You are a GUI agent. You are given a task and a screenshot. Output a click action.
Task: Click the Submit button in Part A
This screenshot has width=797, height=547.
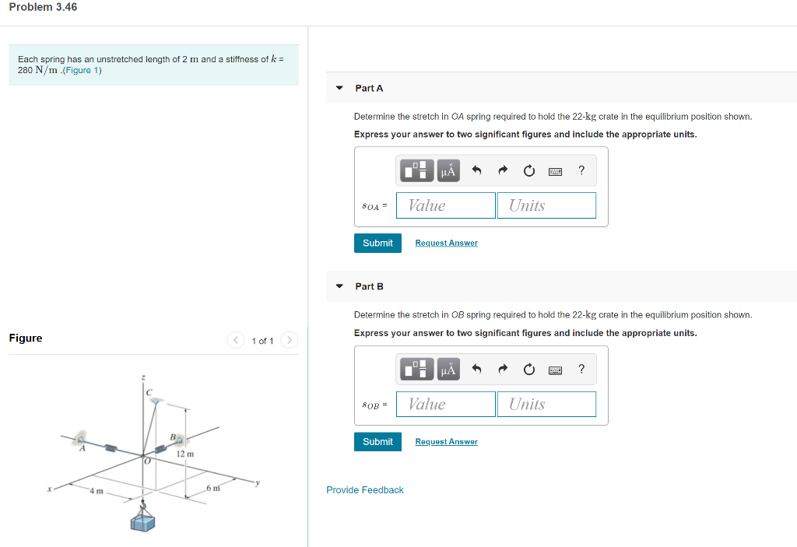click(377, 243)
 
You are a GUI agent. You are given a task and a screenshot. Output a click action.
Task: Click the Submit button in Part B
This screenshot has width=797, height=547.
click(377, 441)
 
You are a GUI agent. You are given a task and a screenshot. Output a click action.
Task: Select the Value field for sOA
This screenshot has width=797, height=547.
click(446, 205)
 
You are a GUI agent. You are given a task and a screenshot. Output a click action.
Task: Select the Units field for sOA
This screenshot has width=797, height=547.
click(546, 205)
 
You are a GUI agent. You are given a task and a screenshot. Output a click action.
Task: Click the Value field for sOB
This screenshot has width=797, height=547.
click(446, 404)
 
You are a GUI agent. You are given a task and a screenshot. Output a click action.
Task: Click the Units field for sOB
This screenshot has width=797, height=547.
click(546, 404)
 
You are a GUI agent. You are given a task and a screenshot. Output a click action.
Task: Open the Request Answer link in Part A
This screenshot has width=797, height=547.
click(446, 244)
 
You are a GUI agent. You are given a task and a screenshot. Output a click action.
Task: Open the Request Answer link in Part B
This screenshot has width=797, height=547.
click(446, 442)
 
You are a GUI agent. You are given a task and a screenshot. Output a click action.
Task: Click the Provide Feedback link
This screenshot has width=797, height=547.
click(365, 490)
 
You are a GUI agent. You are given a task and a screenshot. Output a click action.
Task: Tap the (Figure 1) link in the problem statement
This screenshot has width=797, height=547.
click(83, 71)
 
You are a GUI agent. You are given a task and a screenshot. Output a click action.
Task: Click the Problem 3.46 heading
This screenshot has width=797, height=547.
click(43, 7)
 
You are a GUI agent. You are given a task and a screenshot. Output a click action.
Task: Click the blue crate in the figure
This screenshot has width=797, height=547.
click(142, 521)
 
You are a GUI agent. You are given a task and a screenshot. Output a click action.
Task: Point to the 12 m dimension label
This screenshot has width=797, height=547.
click(185, 454)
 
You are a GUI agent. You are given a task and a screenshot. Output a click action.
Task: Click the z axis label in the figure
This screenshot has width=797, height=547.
click(142, 377)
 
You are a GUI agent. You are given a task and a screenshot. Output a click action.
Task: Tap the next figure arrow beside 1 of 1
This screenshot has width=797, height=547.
click(289, 341)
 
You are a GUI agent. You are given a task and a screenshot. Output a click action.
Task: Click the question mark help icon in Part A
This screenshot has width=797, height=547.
click(581, 170)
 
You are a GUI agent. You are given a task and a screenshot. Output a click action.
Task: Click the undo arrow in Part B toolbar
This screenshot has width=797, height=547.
click(477, 369)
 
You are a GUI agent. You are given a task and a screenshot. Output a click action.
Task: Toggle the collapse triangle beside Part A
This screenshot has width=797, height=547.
click(339, 88)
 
